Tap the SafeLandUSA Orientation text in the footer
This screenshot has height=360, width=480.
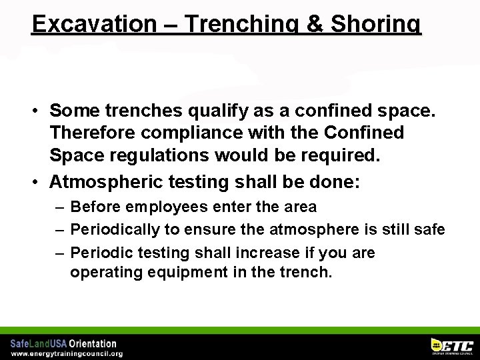pos(63,343)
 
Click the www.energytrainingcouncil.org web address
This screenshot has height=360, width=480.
pos(67,353)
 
